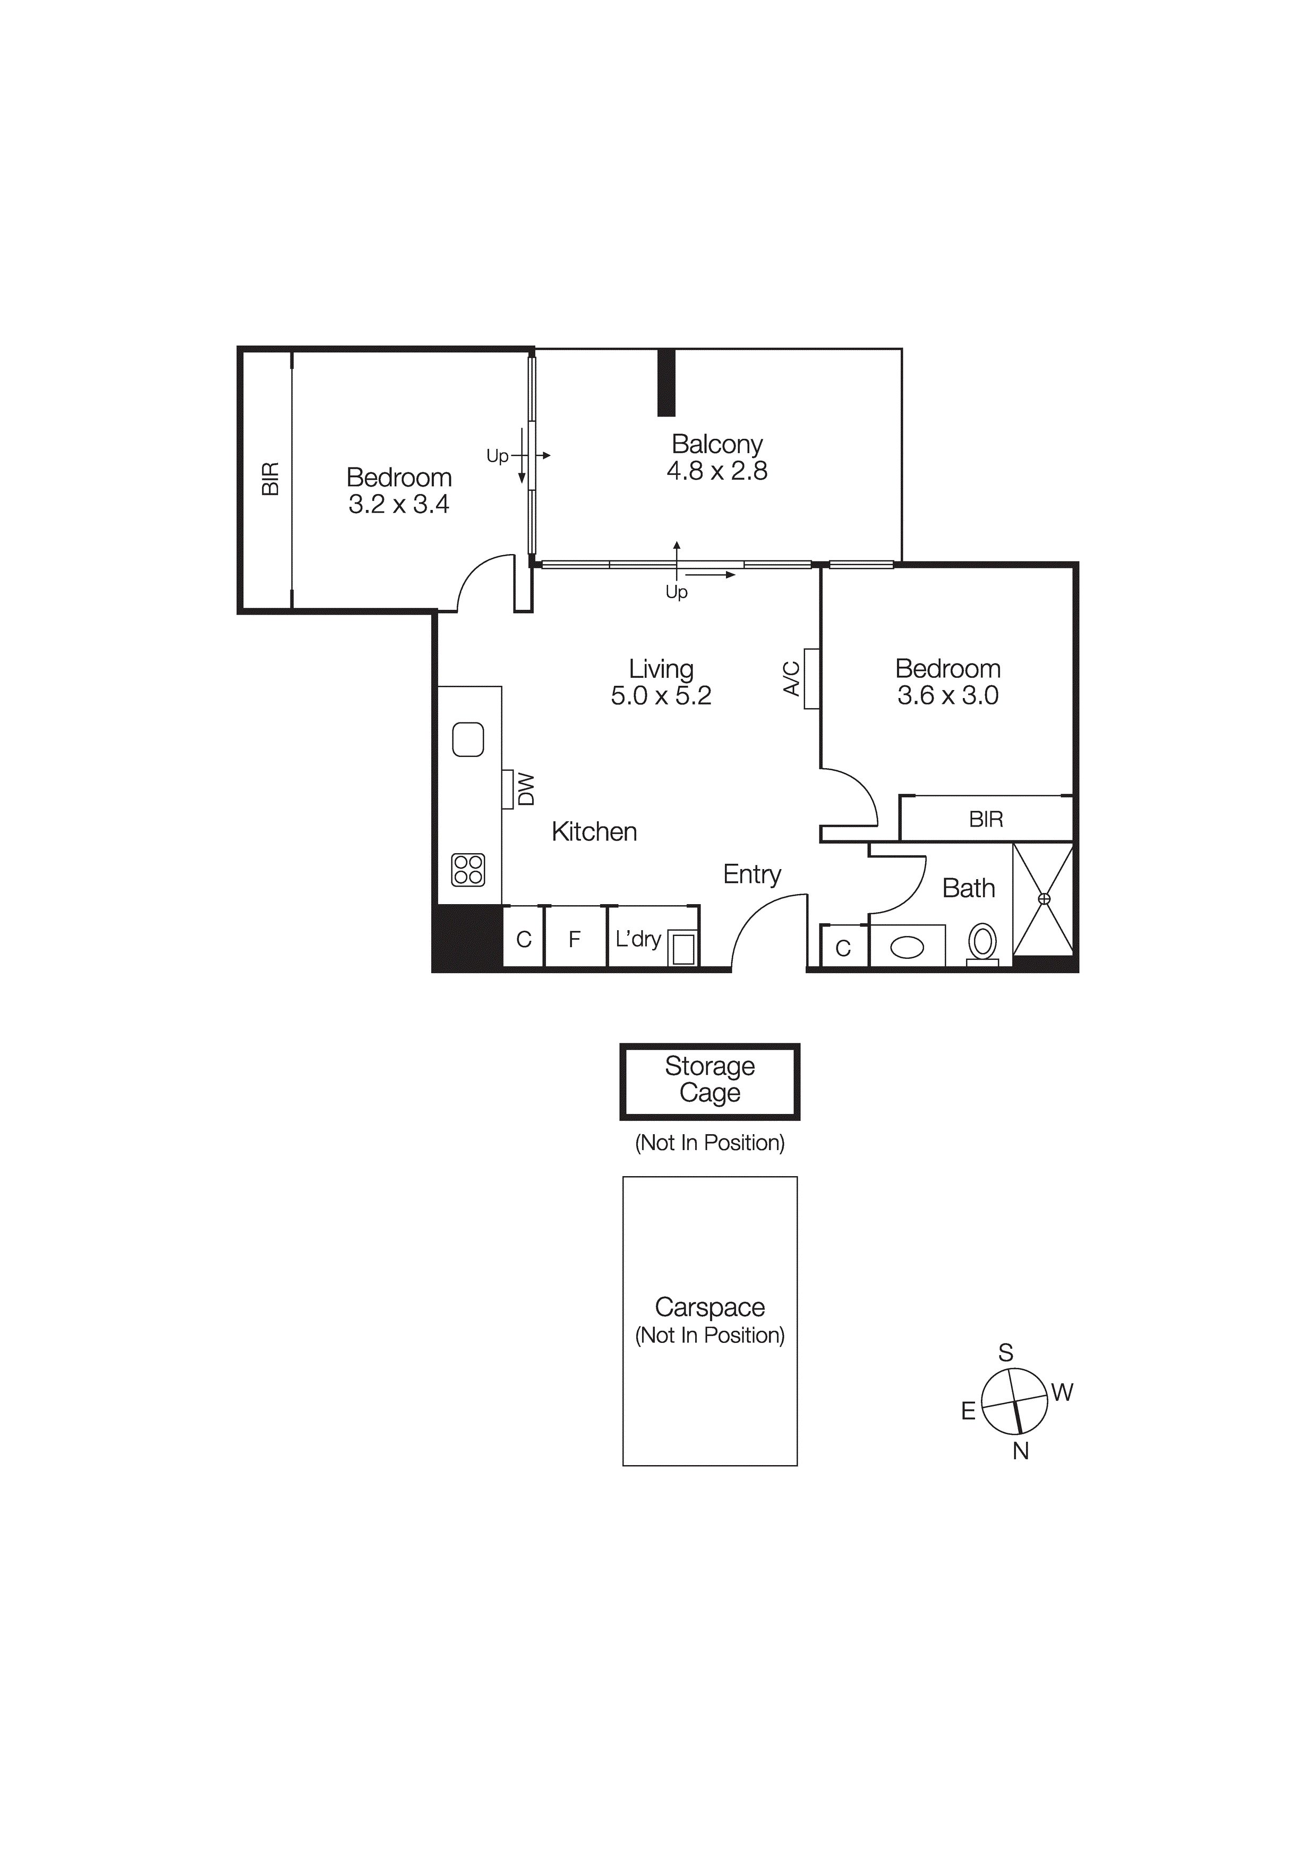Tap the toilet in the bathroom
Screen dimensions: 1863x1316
(982, 943)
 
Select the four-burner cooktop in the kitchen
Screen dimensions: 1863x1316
(468, 870)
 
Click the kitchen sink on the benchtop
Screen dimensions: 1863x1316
(468, 739)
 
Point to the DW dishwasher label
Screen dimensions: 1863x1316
(527, 789)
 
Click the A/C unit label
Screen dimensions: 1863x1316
(792, 678)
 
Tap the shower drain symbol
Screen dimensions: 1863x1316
(1044, 899)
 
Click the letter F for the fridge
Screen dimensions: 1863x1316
(575, 940)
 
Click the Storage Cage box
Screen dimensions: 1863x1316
(710, 1081)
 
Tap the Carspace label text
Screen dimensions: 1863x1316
(710, 1307)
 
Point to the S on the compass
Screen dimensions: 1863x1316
(1005, 1352)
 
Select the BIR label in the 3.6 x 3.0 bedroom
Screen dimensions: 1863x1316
(986, 820)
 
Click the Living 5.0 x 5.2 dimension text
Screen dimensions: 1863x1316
(661, 695)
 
